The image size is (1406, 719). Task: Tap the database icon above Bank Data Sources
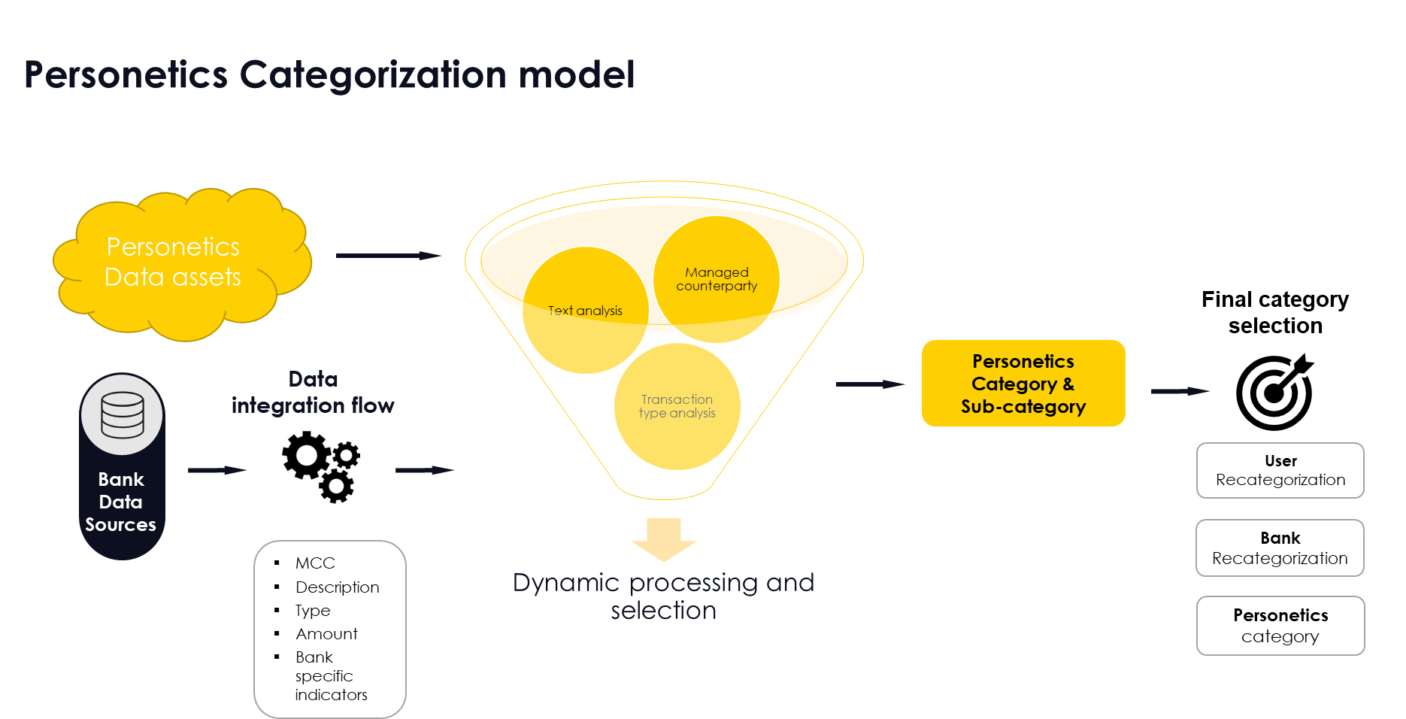point(122,414)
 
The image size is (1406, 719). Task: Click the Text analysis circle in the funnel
point(585,311)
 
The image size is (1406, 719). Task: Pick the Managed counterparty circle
point(716,279)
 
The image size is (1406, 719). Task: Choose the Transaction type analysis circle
point(677,406)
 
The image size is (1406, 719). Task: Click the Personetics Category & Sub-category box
point(1023,384)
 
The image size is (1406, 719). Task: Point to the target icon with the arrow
point(1274,392)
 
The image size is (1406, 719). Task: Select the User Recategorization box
point(1280,471)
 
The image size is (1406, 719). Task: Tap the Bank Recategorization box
point(1280,548)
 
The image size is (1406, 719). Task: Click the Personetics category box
point(1280,626)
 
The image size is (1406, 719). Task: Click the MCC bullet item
point(315,563)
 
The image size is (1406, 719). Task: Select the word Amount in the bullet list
point(326,634)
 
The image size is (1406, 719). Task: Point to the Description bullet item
point(337,587)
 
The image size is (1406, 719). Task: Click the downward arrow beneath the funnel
point(663,539)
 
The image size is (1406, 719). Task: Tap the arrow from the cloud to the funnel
point(388,256)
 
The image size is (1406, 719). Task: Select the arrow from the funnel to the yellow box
point(870,384)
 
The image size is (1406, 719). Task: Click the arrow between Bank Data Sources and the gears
point(217,470)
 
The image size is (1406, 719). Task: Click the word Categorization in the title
point(373,75)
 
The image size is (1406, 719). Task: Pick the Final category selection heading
point(1274,312)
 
